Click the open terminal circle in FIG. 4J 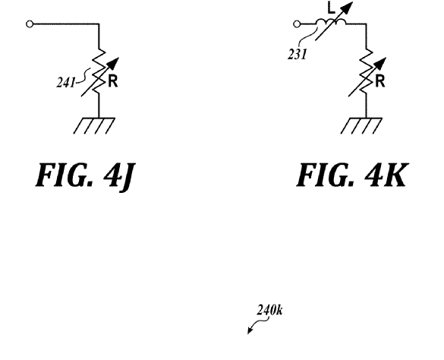coord(30,24)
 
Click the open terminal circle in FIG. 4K coord(297,24)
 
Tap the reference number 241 coord(65,83)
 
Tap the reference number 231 coord(298,54)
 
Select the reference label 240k coord(269,310)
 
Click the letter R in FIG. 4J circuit coord(112,81)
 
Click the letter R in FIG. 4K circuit coord(380,81)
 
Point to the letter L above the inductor coord(331,8)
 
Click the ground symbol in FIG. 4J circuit coord(94,125)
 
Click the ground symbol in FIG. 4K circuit coord(361,125)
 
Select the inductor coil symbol coord(330,22)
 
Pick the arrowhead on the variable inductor coord(347,7)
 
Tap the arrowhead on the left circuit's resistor coord(114,63)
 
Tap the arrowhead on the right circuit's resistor coord(381,63)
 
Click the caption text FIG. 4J coord(85,175)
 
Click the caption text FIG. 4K coord(352,175)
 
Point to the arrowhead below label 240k coord(250,330)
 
